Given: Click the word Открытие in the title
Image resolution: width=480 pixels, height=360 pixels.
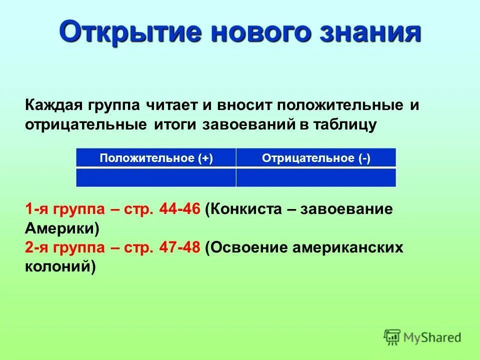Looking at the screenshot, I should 126,32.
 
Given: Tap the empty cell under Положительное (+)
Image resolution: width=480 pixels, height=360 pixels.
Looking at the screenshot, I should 156,177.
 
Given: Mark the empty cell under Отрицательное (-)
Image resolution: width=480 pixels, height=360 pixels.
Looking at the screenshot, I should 316,177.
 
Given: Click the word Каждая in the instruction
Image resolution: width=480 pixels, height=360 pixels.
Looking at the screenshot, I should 53,106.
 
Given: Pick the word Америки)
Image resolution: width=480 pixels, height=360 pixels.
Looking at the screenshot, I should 62,228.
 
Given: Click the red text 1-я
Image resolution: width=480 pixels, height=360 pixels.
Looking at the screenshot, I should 36,209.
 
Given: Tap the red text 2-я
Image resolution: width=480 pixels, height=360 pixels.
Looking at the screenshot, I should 36,247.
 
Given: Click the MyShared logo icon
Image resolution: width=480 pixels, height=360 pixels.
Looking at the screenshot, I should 392,337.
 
